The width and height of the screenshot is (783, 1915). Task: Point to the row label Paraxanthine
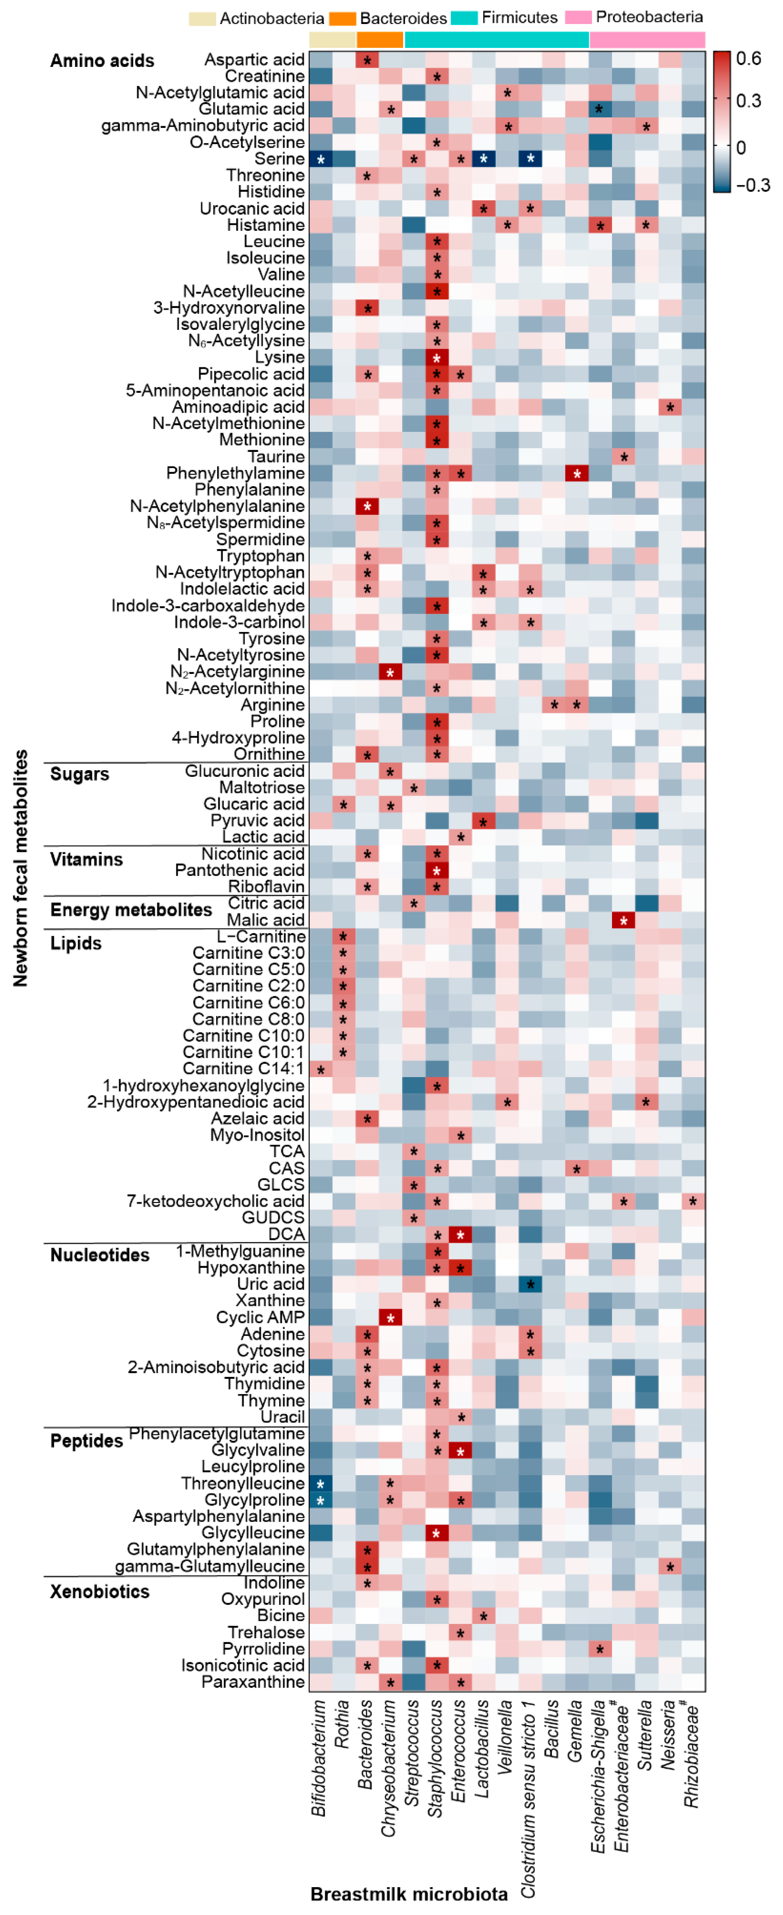click(x=253, y=1682)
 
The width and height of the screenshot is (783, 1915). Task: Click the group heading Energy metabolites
click(x=131, y=910)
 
